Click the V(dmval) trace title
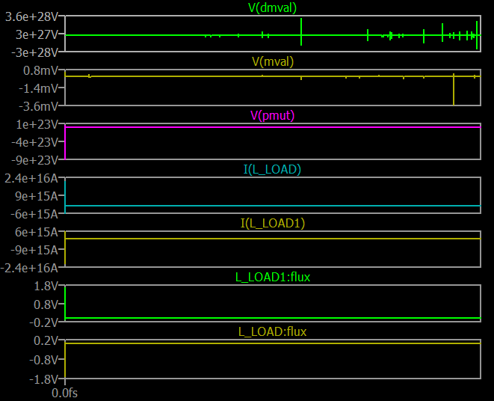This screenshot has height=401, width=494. [272, 7]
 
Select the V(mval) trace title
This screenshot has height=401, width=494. [273, 61]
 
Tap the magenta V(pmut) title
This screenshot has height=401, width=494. [273, 115]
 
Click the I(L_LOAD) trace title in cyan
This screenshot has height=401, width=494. [272, 169]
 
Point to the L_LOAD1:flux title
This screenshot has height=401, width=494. [273, 277]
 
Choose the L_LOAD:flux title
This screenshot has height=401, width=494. [273, 331]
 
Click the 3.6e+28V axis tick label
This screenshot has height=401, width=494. [32, 16]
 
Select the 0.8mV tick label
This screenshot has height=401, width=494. [41, 70]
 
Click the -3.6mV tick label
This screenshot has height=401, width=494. [39, 105]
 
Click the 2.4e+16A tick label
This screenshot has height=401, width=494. [32, 178]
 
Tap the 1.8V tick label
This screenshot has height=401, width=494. [46, 286]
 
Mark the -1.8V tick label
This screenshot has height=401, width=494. [43, 375]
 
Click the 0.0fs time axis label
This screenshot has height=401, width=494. [65, 391]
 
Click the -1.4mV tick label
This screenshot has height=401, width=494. [39, 88]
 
